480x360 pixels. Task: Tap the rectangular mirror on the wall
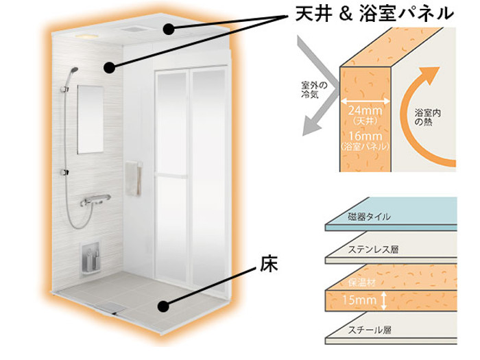[91, 119]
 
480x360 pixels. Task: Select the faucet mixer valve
[95, 200]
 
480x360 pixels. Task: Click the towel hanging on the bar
[133, 178]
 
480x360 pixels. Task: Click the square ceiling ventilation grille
[133, 30]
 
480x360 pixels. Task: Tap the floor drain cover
[111, 306]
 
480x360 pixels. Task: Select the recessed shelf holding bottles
[91, 259]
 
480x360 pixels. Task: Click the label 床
[269, 264]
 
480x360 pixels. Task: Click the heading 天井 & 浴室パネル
[374, 14]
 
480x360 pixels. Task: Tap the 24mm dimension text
[365, 110]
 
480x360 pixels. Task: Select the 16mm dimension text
[365, 136]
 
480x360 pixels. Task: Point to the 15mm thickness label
[359, 300]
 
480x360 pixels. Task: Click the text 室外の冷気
[314, 90]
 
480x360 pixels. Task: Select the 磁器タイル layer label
[370, 217]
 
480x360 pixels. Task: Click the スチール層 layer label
[370, 330]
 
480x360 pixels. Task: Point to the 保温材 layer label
[362, 283]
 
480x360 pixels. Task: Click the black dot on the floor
[163, 307]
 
